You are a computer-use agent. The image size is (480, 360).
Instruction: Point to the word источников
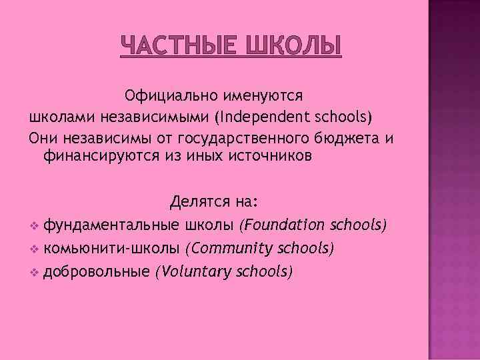pyautogui.click(x=263, y=157)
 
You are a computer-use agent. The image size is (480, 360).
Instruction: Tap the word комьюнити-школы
pyautogui.click(x=111, y=248)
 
